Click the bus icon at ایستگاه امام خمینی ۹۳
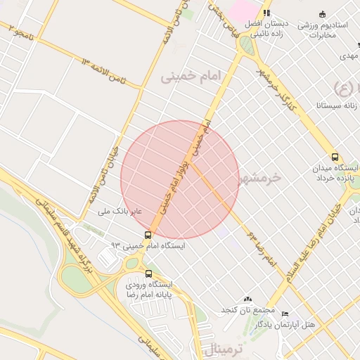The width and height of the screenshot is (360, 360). pos(148,235)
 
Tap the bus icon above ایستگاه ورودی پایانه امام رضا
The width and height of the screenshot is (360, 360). pos(148,274)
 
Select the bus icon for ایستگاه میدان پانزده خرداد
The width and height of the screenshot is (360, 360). pos(335,158)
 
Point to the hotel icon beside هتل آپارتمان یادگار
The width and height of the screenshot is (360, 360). pos(284,314)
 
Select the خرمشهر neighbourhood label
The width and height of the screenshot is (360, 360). pos(259,178)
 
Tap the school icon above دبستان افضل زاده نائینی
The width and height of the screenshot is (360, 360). pos(266,13)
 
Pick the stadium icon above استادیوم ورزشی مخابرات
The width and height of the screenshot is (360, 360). pos(323,14)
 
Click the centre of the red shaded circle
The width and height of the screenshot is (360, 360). pos(180,179)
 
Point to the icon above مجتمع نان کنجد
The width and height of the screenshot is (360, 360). pos(247,300)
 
